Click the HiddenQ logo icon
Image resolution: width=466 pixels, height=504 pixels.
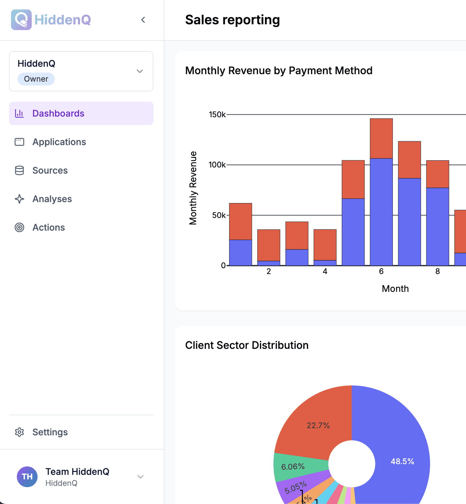21,20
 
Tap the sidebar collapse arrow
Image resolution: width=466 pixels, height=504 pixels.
143,20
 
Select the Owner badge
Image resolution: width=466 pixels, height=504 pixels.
36,79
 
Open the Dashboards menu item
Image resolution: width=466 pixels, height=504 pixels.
58,113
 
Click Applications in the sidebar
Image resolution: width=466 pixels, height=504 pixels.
59,142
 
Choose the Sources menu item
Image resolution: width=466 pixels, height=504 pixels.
50,170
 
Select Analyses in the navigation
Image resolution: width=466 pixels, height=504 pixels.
52,199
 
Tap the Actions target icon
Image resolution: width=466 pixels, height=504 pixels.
19,227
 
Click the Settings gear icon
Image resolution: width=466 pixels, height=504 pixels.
19,432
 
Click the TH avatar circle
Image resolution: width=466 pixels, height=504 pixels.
27,476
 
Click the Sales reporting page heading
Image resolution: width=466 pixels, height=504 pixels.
232,20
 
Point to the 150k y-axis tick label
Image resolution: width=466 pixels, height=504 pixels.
217,115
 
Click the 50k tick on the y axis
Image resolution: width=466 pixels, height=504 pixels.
219,215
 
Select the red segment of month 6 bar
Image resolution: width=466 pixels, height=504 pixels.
381,138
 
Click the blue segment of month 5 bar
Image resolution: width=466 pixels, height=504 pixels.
353,232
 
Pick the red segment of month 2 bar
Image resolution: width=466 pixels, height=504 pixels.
269,245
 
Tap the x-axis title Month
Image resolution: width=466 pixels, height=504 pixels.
395,289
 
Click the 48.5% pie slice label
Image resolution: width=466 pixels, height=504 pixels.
402,461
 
